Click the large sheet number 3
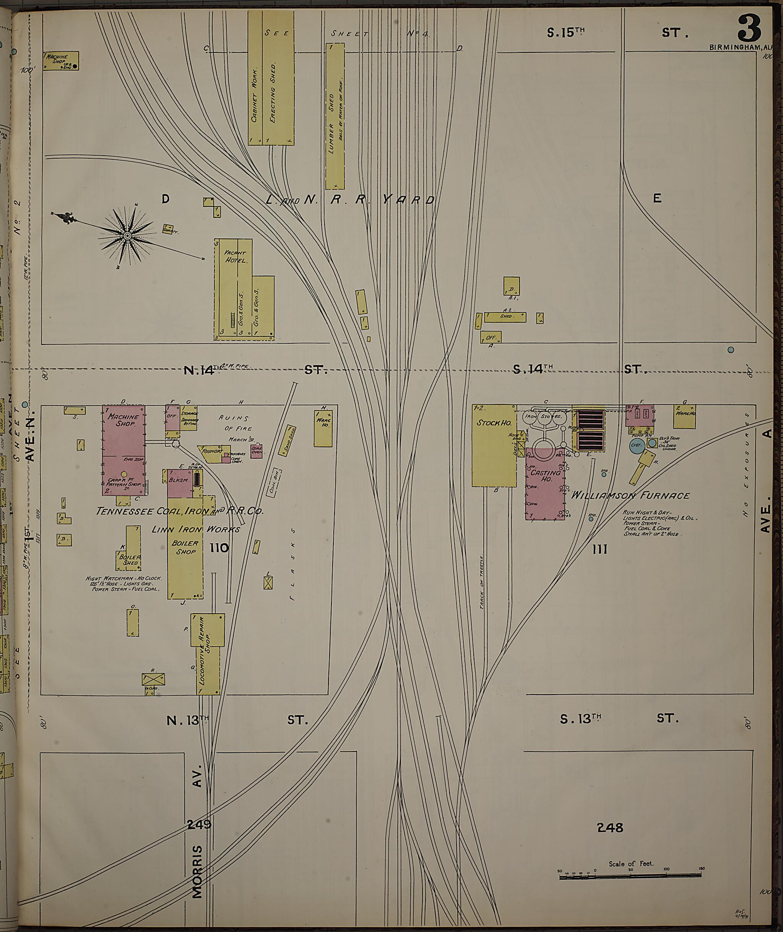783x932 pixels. pyautogui.click(x=749, y=28)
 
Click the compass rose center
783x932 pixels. pyautogui.click(x=127, y=236)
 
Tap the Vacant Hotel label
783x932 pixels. pyautogui.click(x=234, y=257)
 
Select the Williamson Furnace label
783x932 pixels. pyautogui.click(x=630, y=495)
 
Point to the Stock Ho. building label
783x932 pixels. pyautogui.click(x=494, y=423)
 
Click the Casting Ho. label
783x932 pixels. pyautogui.click(x=546, y=476)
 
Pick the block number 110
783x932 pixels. pyautogui.click(x=219, y=548)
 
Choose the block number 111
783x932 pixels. pyautogui.click(x=599, y=549)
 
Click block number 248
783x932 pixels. pyautogui.click(x=610, y=828)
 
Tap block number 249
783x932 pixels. pyautogui.click(x=199, y=824)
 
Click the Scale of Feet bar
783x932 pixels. pyautogui.click(x=630, y=875)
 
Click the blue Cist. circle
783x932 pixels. pyautogui.click(x=637, y=446)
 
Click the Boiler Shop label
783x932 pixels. pyautogui.click(x=185, y=547)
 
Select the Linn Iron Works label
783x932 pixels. pyautogui.click(x=195, y=529)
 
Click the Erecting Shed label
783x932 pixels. pyautogui.click(x=273, y=92)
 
